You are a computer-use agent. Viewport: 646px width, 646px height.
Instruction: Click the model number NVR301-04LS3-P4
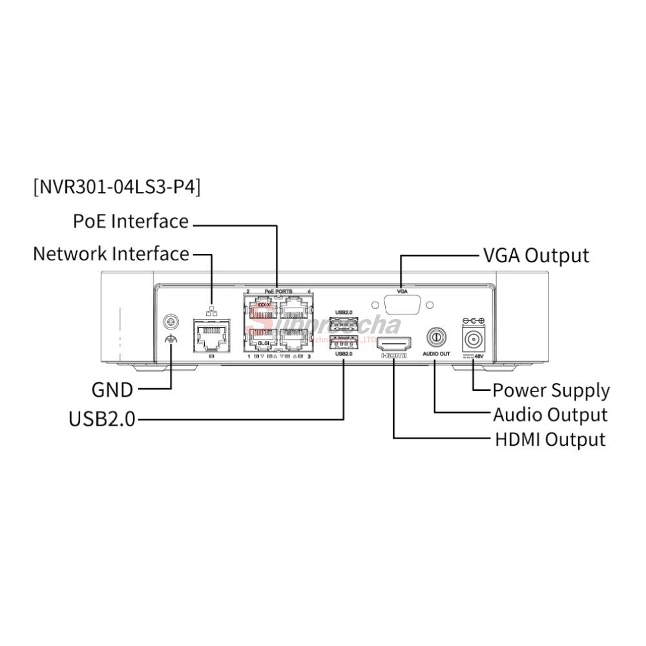116,187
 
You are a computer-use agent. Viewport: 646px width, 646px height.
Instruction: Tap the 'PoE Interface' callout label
131,222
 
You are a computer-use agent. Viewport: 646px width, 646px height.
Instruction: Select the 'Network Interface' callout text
111,254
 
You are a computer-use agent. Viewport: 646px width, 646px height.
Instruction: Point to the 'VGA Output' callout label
536,256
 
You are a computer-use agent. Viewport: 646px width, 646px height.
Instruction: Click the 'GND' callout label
112,390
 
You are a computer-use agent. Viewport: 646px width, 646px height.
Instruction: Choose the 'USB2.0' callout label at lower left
102,419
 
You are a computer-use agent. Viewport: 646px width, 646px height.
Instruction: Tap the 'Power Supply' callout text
551,390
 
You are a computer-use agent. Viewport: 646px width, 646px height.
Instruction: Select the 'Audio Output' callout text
550,415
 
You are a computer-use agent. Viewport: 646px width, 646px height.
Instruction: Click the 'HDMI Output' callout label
550,440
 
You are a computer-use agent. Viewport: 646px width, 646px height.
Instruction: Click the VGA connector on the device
401,306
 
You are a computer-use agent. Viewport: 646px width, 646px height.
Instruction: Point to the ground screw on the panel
171,320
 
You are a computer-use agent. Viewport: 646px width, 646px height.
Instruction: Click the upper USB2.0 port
344,322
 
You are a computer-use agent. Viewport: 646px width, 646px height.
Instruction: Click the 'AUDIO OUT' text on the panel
436,354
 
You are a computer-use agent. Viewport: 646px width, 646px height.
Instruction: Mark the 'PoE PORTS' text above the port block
278,292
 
